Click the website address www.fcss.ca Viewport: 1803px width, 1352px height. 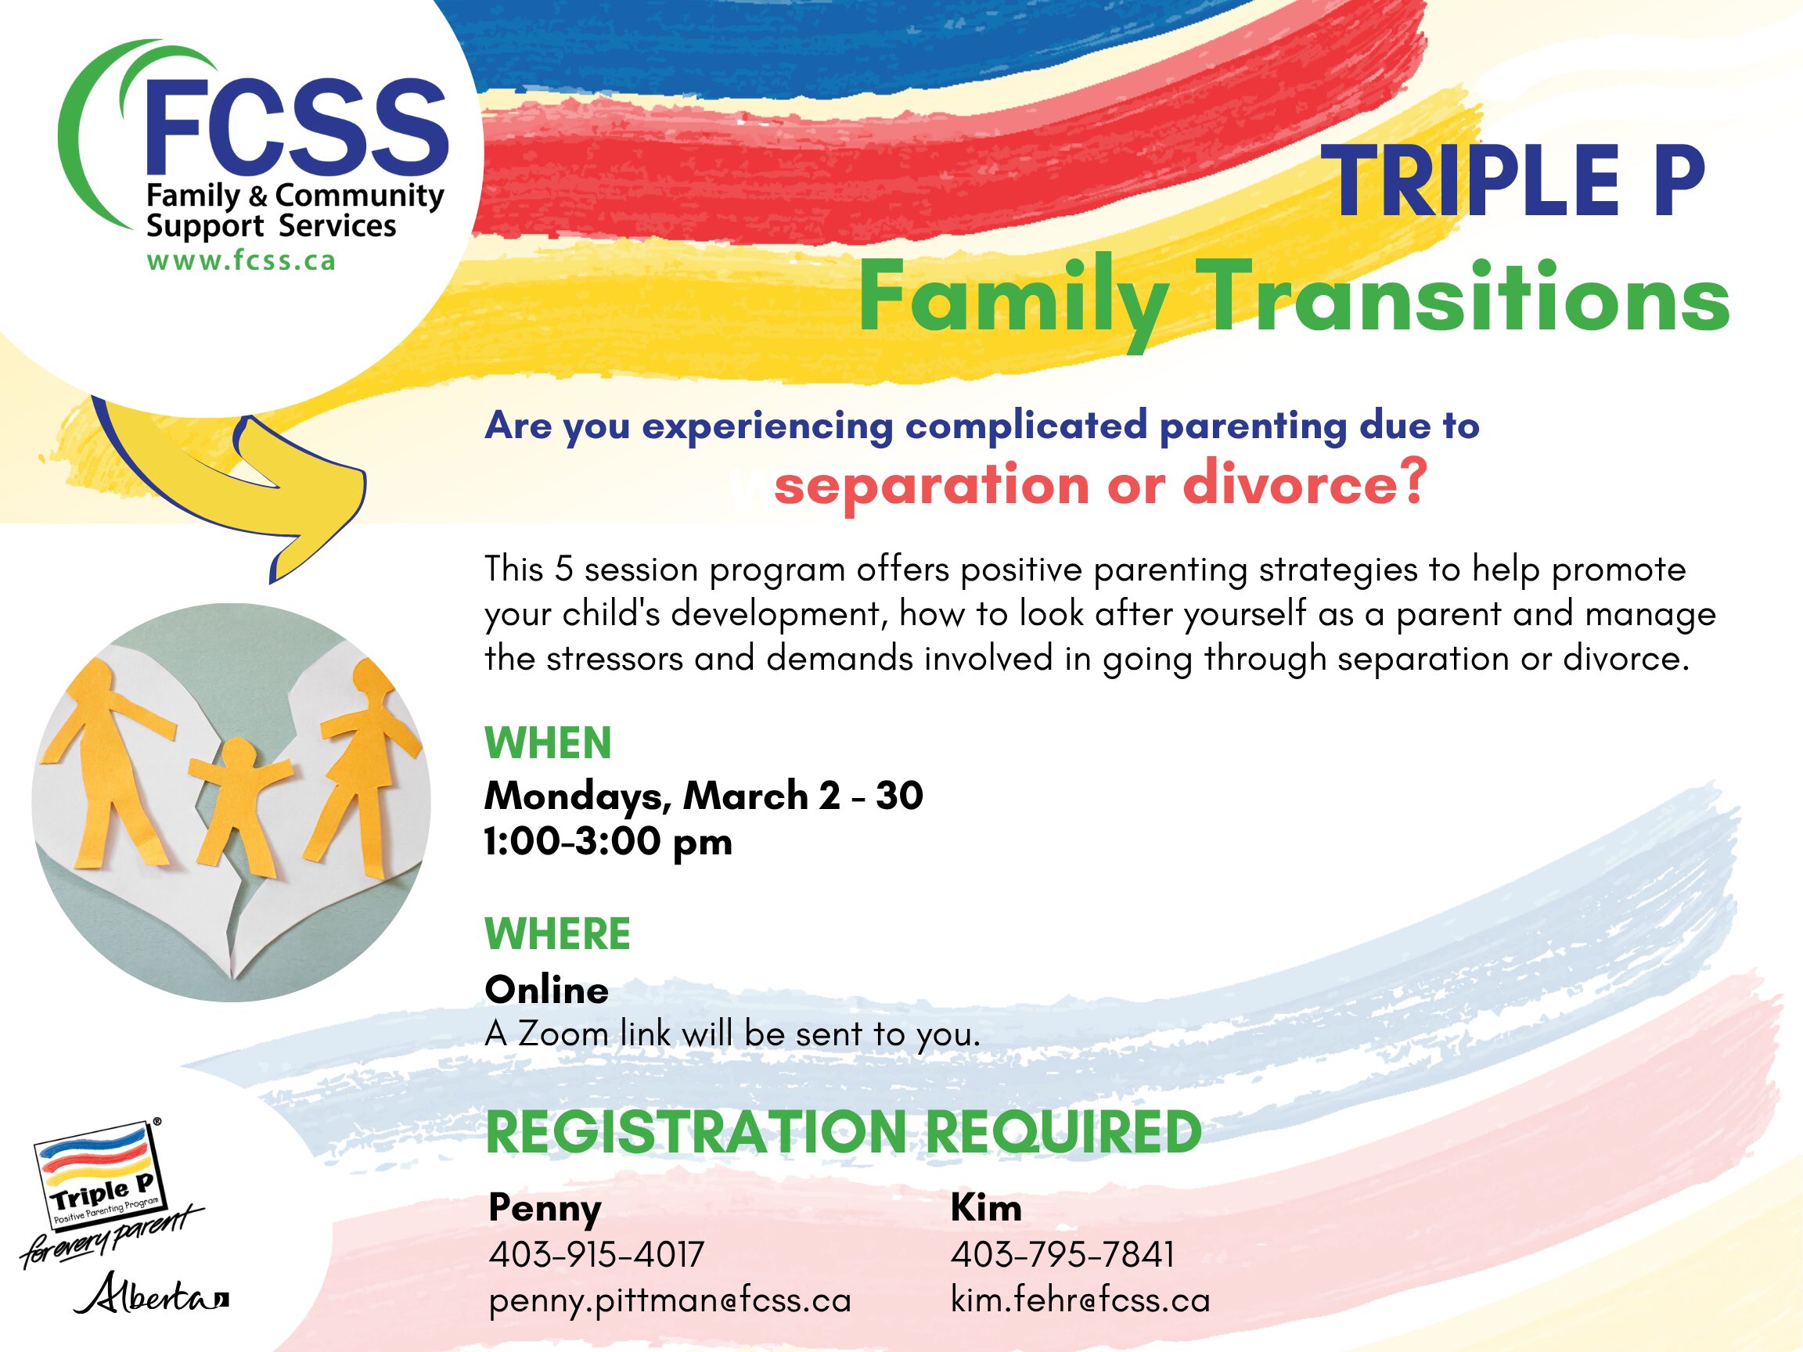(x=240, y=261)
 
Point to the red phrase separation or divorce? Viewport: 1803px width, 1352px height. (x=1099, y=485)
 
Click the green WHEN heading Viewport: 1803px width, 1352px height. (x=548, y=743)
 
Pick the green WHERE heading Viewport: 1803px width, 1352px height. (x=557, y=934)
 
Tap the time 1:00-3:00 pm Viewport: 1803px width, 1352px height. (x=608, y=842)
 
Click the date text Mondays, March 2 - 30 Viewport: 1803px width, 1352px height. (x=704, y=796)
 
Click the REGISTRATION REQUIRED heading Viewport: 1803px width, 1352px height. (x=843, y=1132)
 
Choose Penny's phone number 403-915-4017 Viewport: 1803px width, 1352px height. (x=596, y=1255)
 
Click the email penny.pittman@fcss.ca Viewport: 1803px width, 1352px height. (x=670, y=1300)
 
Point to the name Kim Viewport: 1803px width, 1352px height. (x=985, y=1207)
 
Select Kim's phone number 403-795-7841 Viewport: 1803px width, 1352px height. (x=1062, y=1255)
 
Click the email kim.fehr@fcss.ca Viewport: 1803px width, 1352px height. (x=1080, y=1300)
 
